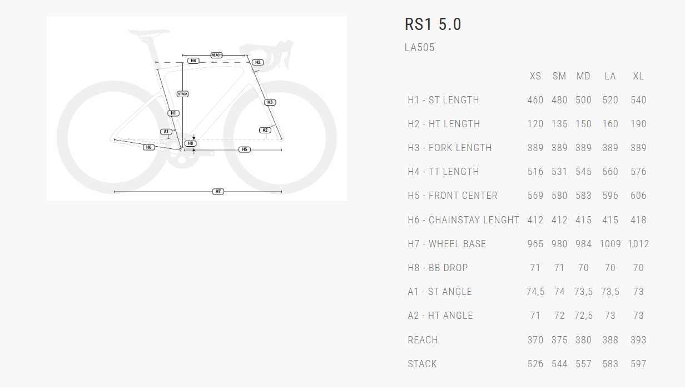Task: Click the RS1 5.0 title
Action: tap(433, 24)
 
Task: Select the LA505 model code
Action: tap(419, 48)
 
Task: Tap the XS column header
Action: tap(535, 76)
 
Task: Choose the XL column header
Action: tap(638, 76)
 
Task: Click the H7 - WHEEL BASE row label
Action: tap(446, 244)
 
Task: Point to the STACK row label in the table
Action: tap(422, 364)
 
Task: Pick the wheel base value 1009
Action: tap(610, 244)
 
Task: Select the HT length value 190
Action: tap(638, 124)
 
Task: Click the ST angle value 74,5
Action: tap(535, 292)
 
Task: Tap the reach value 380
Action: tap(583, 340)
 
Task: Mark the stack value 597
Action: tap(638, 364)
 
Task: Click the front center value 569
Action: tap(535, 196)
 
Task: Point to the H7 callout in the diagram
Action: tap(219, 192)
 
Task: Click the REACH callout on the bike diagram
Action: tap(216, 55)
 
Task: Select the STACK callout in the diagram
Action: tap(182, 94)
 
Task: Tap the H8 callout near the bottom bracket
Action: tap(190, 143)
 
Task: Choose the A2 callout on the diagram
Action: tap(265, 130)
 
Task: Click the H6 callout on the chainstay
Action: tap(148, 147)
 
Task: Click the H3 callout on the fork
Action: tap(270, 102)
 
